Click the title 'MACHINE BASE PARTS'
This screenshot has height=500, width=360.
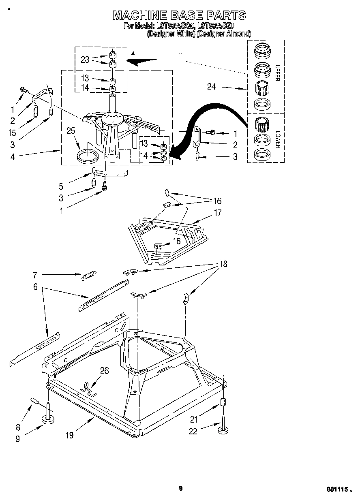pyautogui.click(x=179, y=15)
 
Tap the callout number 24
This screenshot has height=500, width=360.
pyautogui.click(x=212, y=86)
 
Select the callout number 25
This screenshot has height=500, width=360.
pyautogui.click(x=71, y=131)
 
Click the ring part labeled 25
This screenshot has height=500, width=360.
pyautogui.click(x=88, y=156)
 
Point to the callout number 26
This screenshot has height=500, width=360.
pyautogui.click(x=104, y=370)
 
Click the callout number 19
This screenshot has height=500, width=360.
pyautogui.click(x=70, y=435)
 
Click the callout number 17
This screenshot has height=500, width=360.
pyautogui.click(x=218, y=212)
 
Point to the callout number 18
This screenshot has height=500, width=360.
pyautogui.click(x=223, y=264)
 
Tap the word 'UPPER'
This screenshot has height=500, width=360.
pyautogui.click(x=277, y=73)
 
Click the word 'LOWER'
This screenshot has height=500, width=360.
pyautogui.click(x=277, y=139)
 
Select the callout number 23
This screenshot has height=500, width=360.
pyautogui.click(x=85, y=59)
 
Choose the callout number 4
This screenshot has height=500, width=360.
pyautogui.click(x=13, y=156)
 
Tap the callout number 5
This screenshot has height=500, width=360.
pyautogui.click(x=61, y=187)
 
